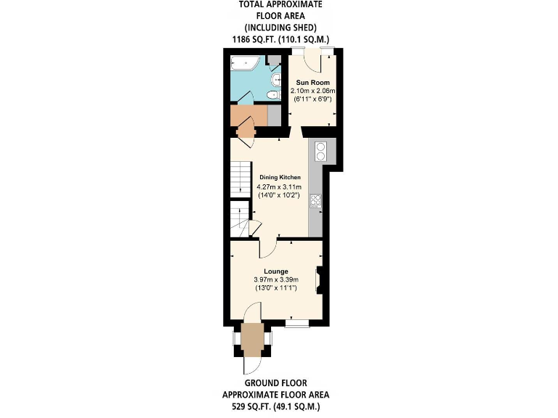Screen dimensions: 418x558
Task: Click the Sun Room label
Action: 311,83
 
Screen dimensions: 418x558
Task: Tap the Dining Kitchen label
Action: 280,177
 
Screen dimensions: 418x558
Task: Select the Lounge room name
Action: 276,271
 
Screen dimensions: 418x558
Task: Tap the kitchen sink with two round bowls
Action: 320,151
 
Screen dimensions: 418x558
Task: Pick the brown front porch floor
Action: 252,337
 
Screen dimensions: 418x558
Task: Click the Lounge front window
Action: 296,324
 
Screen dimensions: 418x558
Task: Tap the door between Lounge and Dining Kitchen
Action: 266,248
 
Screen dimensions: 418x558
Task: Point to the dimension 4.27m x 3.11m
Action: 280,187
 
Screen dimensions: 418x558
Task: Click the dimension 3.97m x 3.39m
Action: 276,280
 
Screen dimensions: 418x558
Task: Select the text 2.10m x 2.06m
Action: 312,91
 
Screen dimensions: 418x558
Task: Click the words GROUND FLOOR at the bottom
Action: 275,383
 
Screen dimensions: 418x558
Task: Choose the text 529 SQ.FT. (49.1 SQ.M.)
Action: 275,406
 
